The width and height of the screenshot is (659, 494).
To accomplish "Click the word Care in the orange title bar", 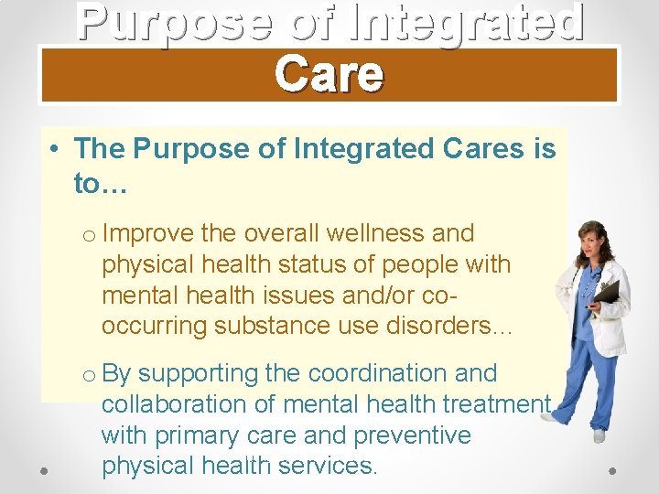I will [329, 74].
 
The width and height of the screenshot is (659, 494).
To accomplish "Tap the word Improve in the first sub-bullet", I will [148, 233].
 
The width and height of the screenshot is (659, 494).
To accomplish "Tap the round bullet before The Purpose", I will [56, 149].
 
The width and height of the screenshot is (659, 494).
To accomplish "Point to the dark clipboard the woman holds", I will [607, 292].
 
